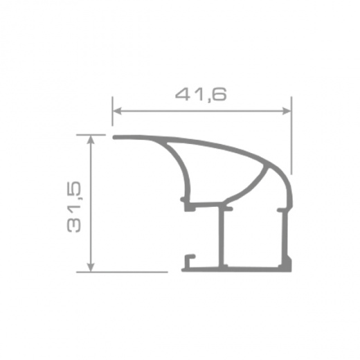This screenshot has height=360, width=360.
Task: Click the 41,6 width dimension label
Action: [201, 94]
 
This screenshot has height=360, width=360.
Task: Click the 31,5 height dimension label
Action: [74, 206]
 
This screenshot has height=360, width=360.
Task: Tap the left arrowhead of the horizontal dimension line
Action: [117, 111]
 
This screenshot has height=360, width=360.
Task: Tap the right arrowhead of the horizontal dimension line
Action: [287, 111]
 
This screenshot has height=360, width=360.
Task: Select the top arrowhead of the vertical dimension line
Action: [91, 139]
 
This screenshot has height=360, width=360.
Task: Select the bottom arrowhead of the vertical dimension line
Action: [91, 267]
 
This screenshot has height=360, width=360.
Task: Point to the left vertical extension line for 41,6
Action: [112, 111]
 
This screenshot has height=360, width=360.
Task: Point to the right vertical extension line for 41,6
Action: [291, 136]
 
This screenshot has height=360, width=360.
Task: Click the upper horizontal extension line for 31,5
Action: [91, 134]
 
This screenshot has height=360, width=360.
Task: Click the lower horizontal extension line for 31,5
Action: [122, 272]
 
